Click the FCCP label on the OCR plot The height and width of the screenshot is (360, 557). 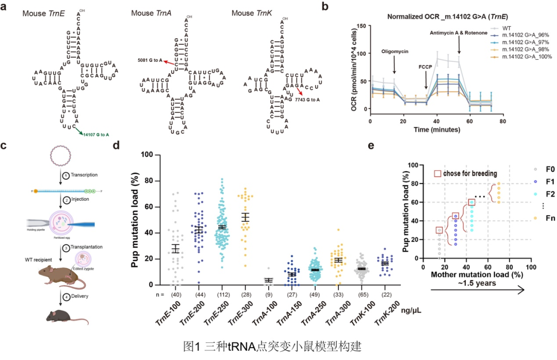[426, 67]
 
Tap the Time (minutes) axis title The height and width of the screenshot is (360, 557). [435, 130]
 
